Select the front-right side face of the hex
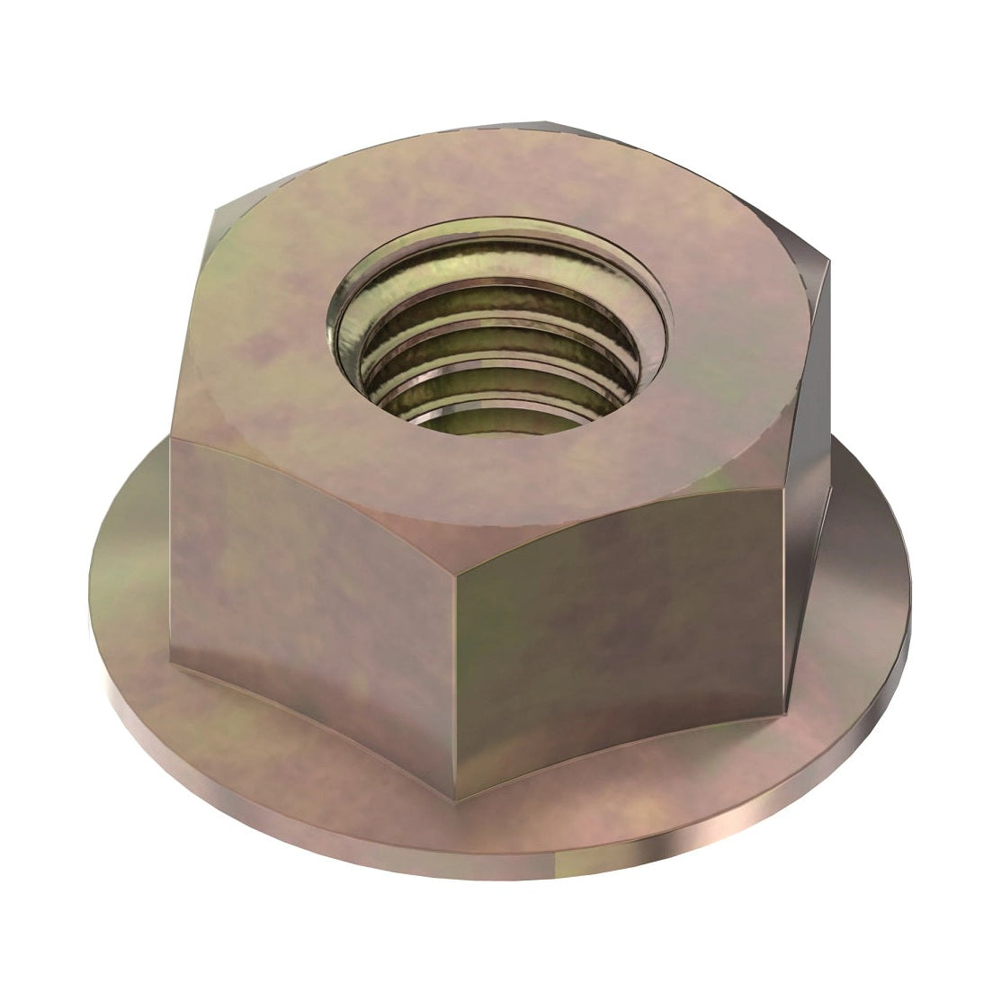tap(621, 648)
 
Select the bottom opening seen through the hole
tap(477, 418)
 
